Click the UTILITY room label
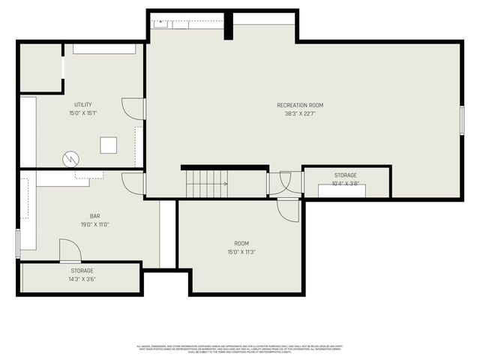click(82, 104)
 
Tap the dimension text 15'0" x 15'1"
click(82, 113)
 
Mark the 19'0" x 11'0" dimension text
click(94, 224)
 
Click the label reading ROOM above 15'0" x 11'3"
click(241, 243)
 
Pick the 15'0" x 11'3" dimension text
click(241, 252)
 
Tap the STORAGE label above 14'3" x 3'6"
click(82, 270)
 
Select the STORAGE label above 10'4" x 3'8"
click(346, 175)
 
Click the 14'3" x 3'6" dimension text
click(82, 279)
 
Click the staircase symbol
click(206, 183)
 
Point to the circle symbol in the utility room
click(70, 159)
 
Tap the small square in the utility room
click(109, 145)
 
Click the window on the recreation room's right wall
click(461, 119)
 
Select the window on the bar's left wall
click(17, 243)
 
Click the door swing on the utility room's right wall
click(133, 109)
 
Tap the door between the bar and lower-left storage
click(70, 250)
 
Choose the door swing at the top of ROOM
click(288, 211)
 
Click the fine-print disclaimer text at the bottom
click(239, 348)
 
